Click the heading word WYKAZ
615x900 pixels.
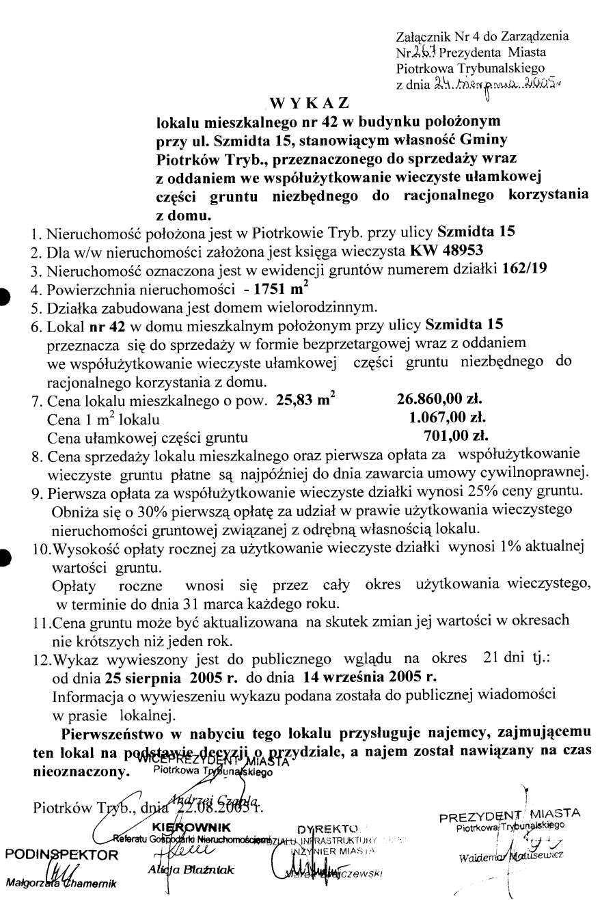click(x=310, y=103)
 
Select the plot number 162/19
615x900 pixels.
click(x=524, y=268)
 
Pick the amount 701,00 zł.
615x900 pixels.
click(x=456, y=435)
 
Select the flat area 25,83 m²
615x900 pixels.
click(x=305, y=400)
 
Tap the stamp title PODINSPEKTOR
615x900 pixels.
click(x=61, y=854)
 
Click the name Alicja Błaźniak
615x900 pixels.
click(x=191, y=870)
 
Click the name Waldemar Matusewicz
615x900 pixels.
click(x=510, y=856)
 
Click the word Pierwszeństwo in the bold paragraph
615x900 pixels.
click(x=112, y=735)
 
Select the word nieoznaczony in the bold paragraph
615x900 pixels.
click(x=80, y=772)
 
